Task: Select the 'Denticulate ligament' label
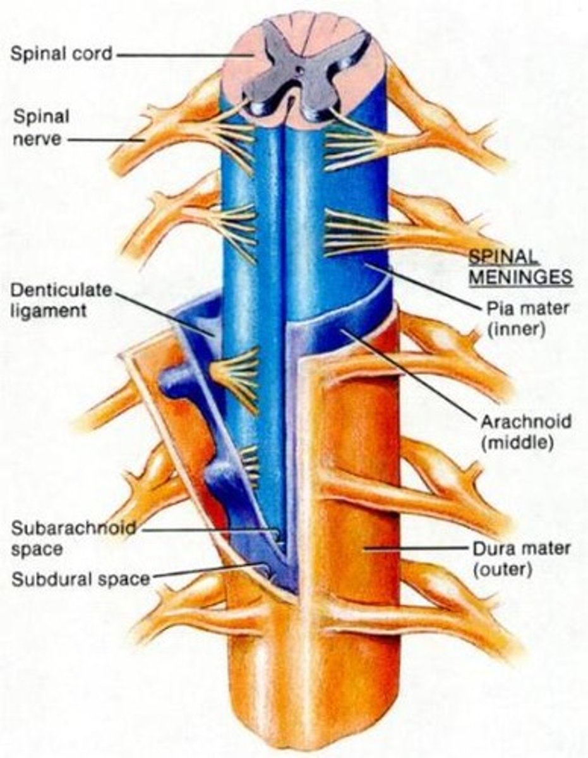60,300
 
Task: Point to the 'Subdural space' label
80,578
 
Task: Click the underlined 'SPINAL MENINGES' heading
519,267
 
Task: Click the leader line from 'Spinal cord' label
183,54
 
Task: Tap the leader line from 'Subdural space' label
208,572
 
